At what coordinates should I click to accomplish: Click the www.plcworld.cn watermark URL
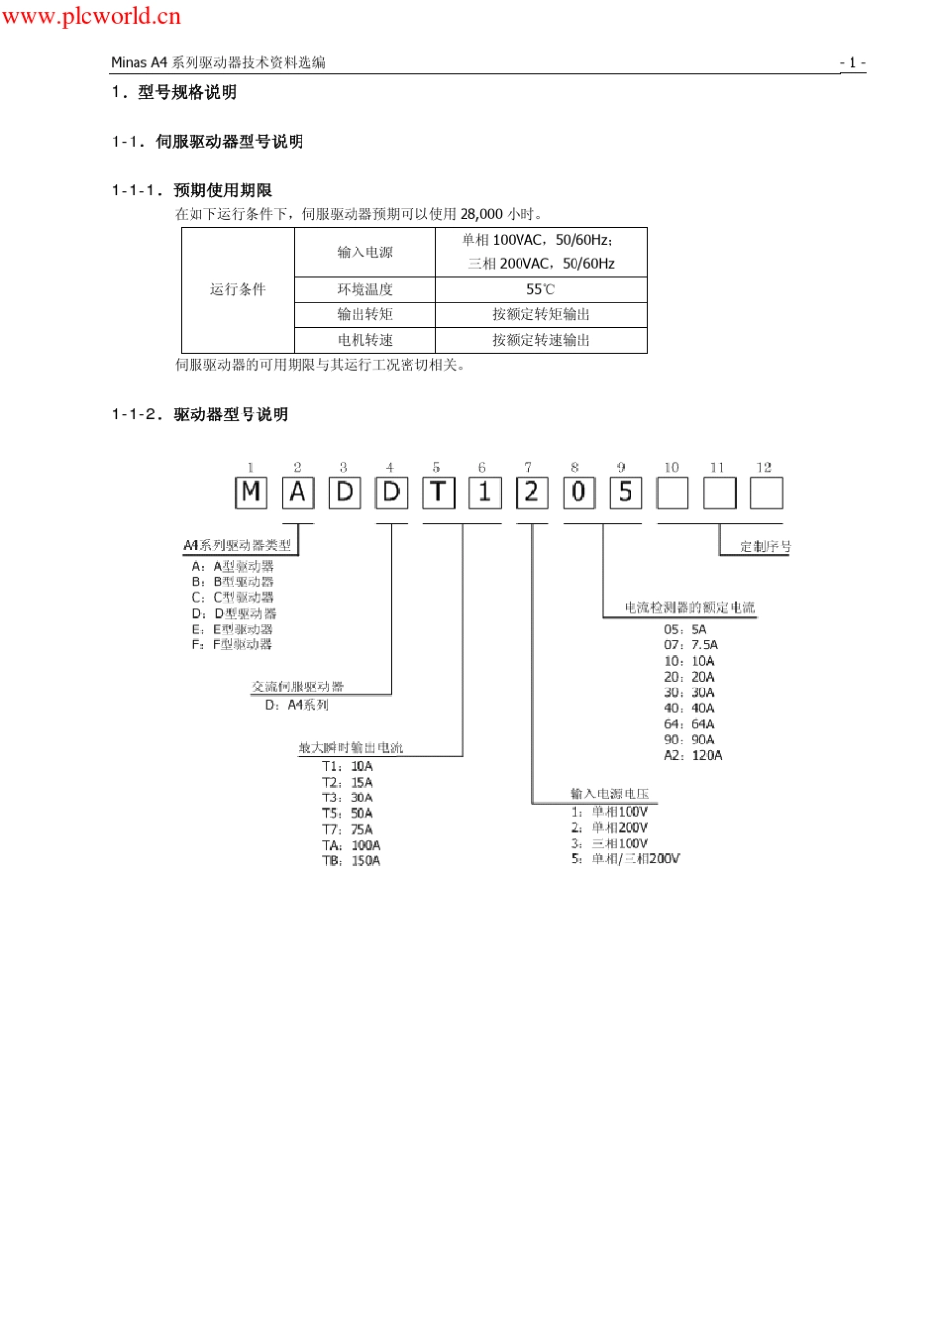pyautogui.click(x=90, y=15)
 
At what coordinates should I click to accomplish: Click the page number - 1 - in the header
pyautogui.click(x=852, y=62)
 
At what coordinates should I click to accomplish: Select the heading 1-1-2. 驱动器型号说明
pyautogui.click(x=199, y=414)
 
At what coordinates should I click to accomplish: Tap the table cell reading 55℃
pyautogui.click(x=541, y=289)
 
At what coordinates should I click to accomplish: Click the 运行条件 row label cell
pyautogui.click(x=238, y=289)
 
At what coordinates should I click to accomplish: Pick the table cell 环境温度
pyautogui.click(x=364, y=289)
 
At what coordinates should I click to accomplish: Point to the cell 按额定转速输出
pyautogui.click(x=541, y=340)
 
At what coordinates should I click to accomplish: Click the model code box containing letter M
pyautogui.click(x=251, y=492)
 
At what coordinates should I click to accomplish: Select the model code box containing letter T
pyautogui.click(x=438, y=492)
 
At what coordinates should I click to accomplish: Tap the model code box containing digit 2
pyautogui.click(x=531, y=492)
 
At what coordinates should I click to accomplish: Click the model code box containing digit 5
pyautogui.click(x=625, y=492)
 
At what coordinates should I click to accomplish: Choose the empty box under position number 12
pyautogui.click(x=766, y=492)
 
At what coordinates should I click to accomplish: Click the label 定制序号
pyautogui.click(x=765, y=547)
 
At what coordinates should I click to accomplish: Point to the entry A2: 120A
pyautogui.click(x=692, y=755)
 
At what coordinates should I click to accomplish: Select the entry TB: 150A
pyautogui.click(x=352, y=861)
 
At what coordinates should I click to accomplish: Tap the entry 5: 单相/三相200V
pyautogui.click(x=626, y=858)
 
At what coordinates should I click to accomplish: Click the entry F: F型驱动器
pyautogui.click(x=232, y=644)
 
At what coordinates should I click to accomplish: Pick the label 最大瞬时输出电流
pyautogui.click(x=351, y=747)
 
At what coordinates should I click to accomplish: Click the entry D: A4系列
pyautogui.click(x=297, y=705)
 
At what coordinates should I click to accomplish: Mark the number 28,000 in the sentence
pyautogui.click(x=481, y=214)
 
